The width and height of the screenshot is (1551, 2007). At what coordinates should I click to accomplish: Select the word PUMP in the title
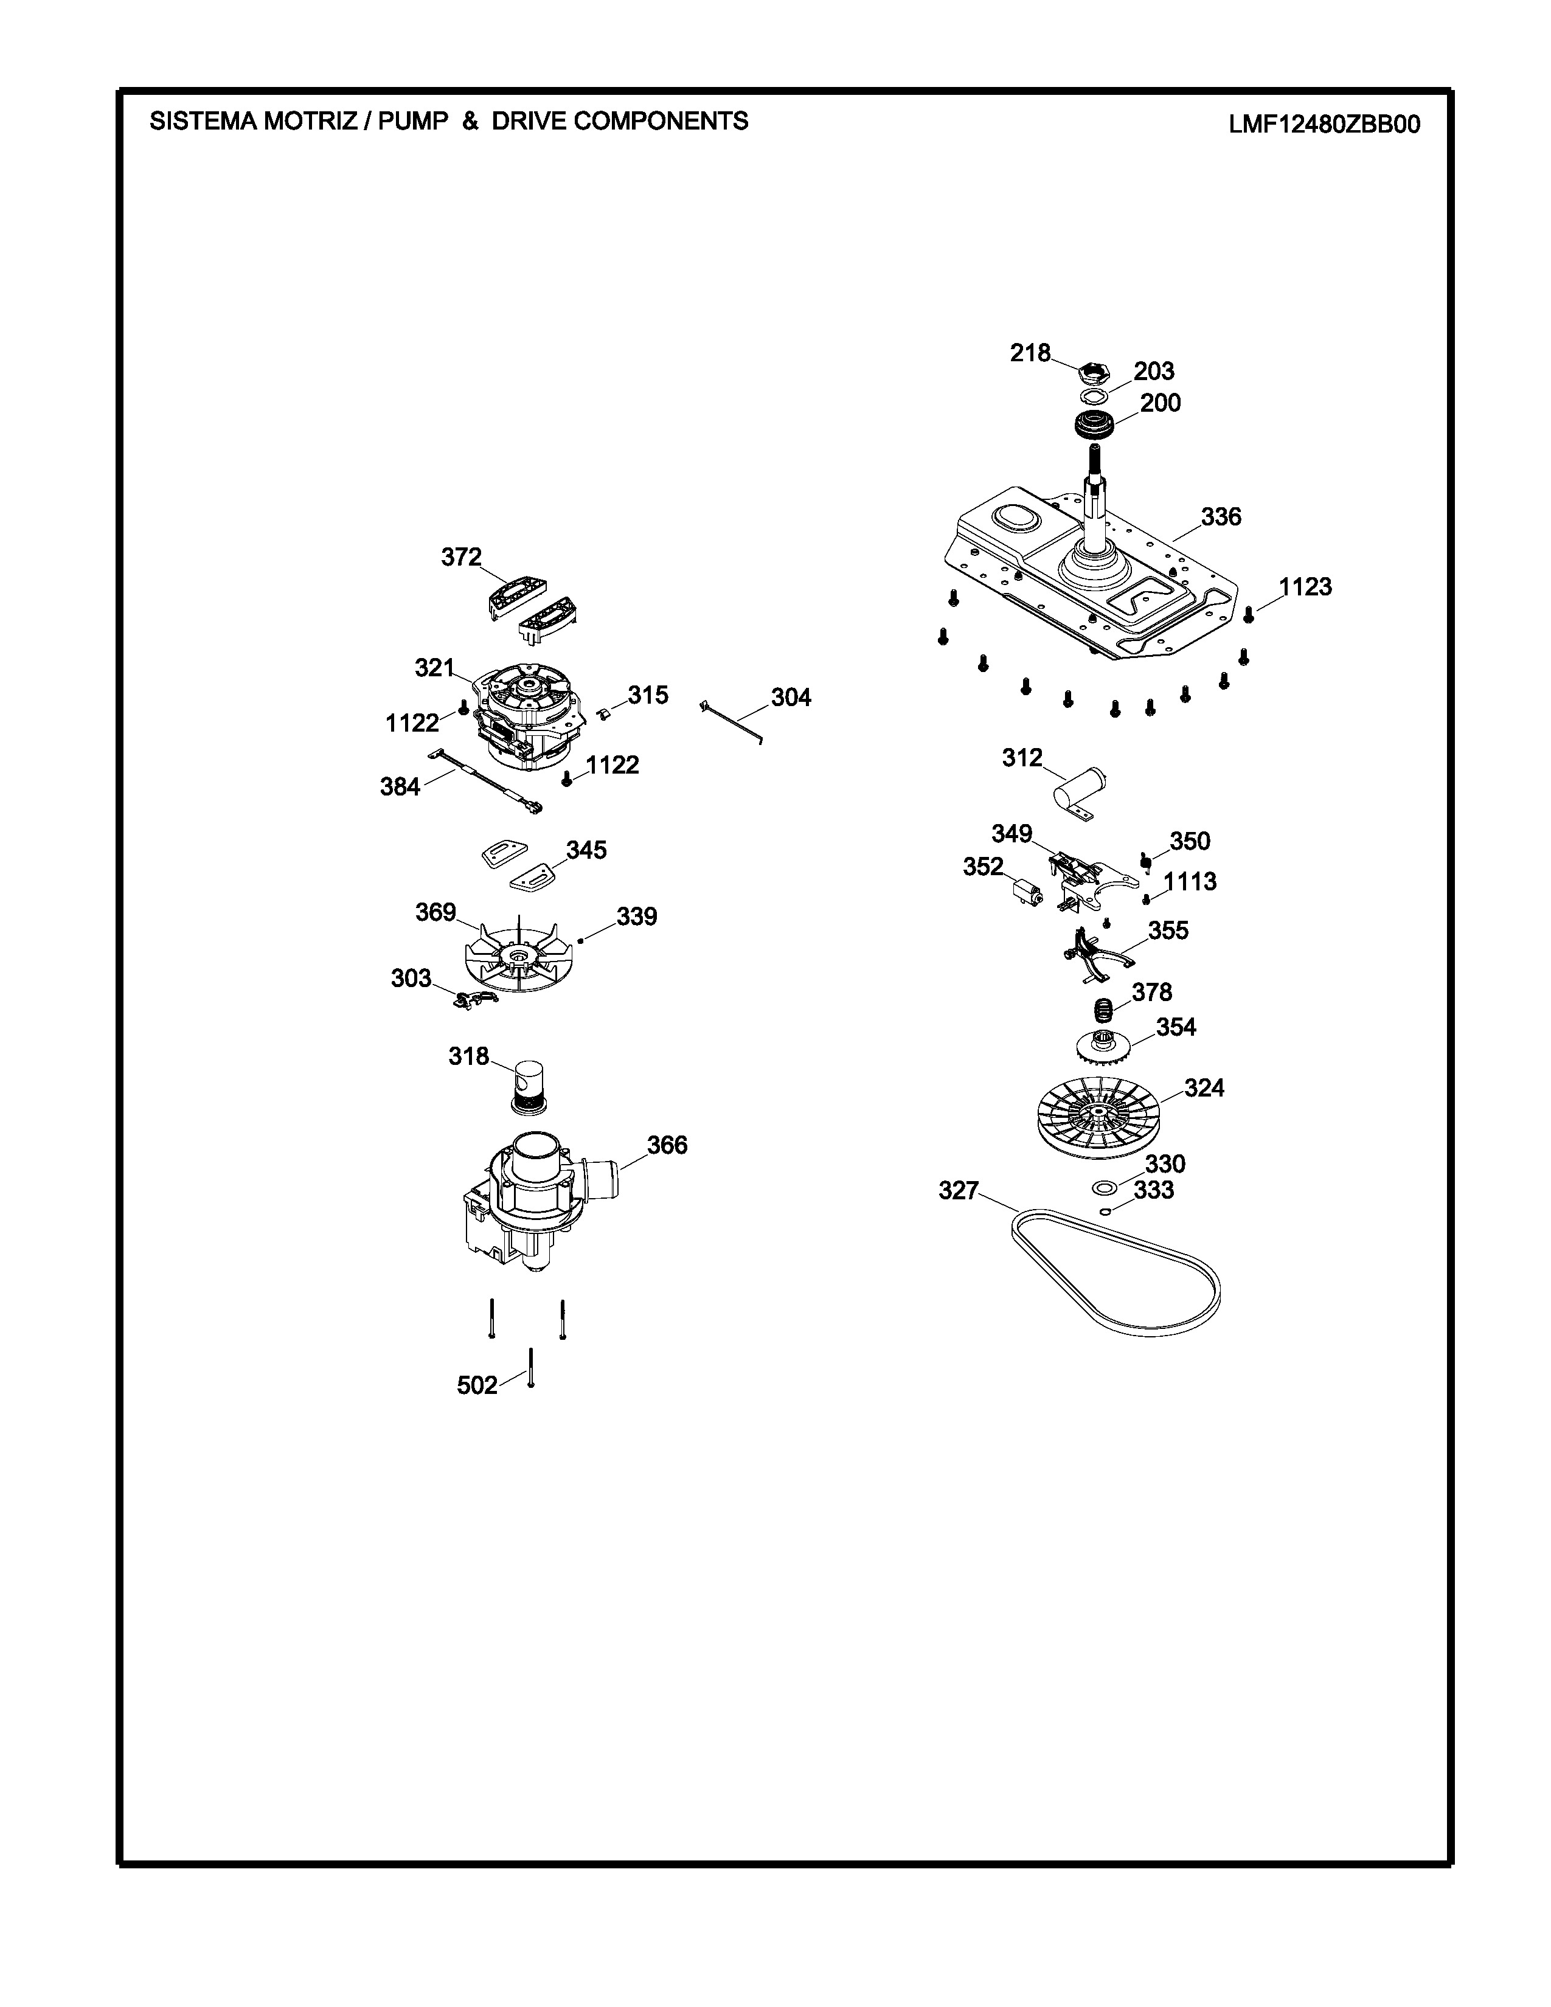tap(412, 121)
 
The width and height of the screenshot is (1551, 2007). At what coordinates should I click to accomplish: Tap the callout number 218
tap(1030, 353)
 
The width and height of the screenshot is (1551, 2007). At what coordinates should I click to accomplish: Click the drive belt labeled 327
tap(1116, 1269)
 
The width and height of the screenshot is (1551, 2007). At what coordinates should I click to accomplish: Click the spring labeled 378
tap(1103, 1011)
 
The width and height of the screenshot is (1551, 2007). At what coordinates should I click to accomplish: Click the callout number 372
tap(461, 558)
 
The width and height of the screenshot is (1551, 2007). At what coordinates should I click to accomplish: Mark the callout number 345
tap(586, 850)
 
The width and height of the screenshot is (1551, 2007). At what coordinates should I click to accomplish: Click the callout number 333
tap(1154, 1190)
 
